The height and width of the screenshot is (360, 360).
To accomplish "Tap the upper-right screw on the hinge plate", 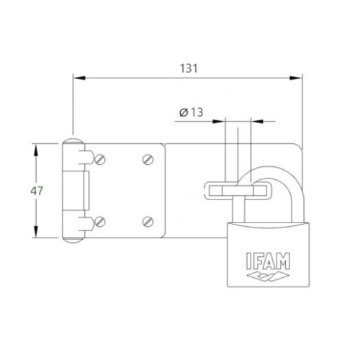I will pyautogui.click(x=148, y=159).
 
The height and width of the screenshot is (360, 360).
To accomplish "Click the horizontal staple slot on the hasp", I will pyautogui.click(x=238, y=189).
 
